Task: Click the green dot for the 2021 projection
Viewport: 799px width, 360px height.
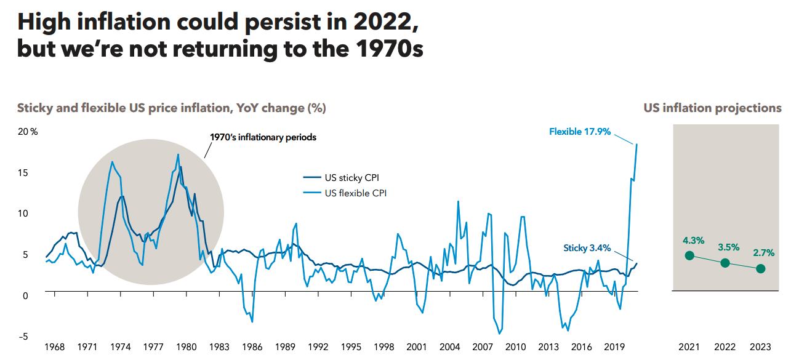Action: (689, 255)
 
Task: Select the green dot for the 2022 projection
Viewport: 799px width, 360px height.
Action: (725, 263)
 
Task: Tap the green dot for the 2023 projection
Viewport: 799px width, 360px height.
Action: (761, 268)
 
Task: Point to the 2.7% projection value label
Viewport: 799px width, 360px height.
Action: (763, 253)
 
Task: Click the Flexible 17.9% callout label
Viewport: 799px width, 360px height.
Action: (579, 131)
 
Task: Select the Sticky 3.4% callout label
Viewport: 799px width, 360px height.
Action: (587, 248)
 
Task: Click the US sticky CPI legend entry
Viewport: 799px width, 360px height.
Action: (351, 178)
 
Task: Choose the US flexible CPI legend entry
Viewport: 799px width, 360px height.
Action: (355, 193)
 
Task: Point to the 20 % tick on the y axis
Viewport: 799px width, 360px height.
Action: (27, 132)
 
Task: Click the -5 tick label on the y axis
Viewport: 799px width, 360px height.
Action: (24, 337)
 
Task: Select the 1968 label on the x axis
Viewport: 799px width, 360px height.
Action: (54, 346)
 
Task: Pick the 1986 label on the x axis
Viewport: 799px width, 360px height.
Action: (252, 346)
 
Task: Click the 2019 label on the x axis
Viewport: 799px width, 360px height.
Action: (615, 346)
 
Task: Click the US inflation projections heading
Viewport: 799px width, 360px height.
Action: (712, 108)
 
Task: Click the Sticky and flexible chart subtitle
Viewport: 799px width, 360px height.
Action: (171, 108)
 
